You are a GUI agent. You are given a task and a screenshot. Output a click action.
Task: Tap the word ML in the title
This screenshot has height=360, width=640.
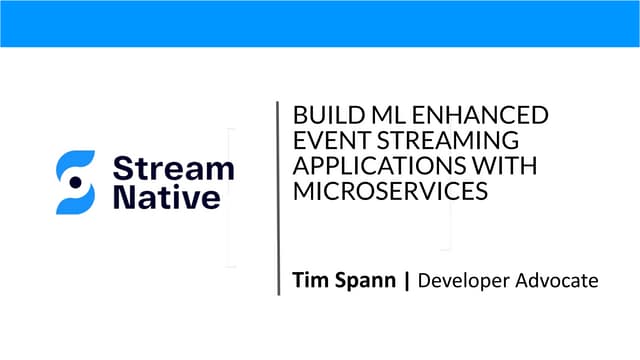click(x=368, y=115)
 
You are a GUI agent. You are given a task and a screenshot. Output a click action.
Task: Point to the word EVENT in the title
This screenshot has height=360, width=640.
click(x=321, y=141)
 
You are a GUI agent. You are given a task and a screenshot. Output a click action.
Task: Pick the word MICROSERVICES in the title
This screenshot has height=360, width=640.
click(x=390, y=191)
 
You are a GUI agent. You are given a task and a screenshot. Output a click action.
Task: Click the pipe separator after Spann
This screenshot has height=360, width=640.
click(x=407, y=282)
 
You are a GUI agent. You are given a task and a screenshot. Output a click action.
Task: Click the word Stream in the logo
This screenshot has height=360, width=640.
click(x=174, y=167)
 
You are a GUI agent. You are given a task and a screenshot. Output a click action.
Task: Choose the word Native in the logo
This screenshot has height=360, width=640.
click(x=166, y=197)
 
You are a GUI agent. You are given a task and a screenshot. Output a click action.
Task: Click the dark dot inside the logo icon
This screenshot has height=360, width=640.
click(x=75, y=182)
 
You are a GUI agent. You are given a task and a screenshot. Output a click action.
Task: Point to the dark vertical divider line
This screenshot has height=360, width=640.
click(x=278, y=197)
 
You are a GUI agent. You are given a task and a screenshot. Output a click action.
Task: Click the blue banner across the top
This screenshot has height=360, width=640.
click(x=320, y=23)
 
